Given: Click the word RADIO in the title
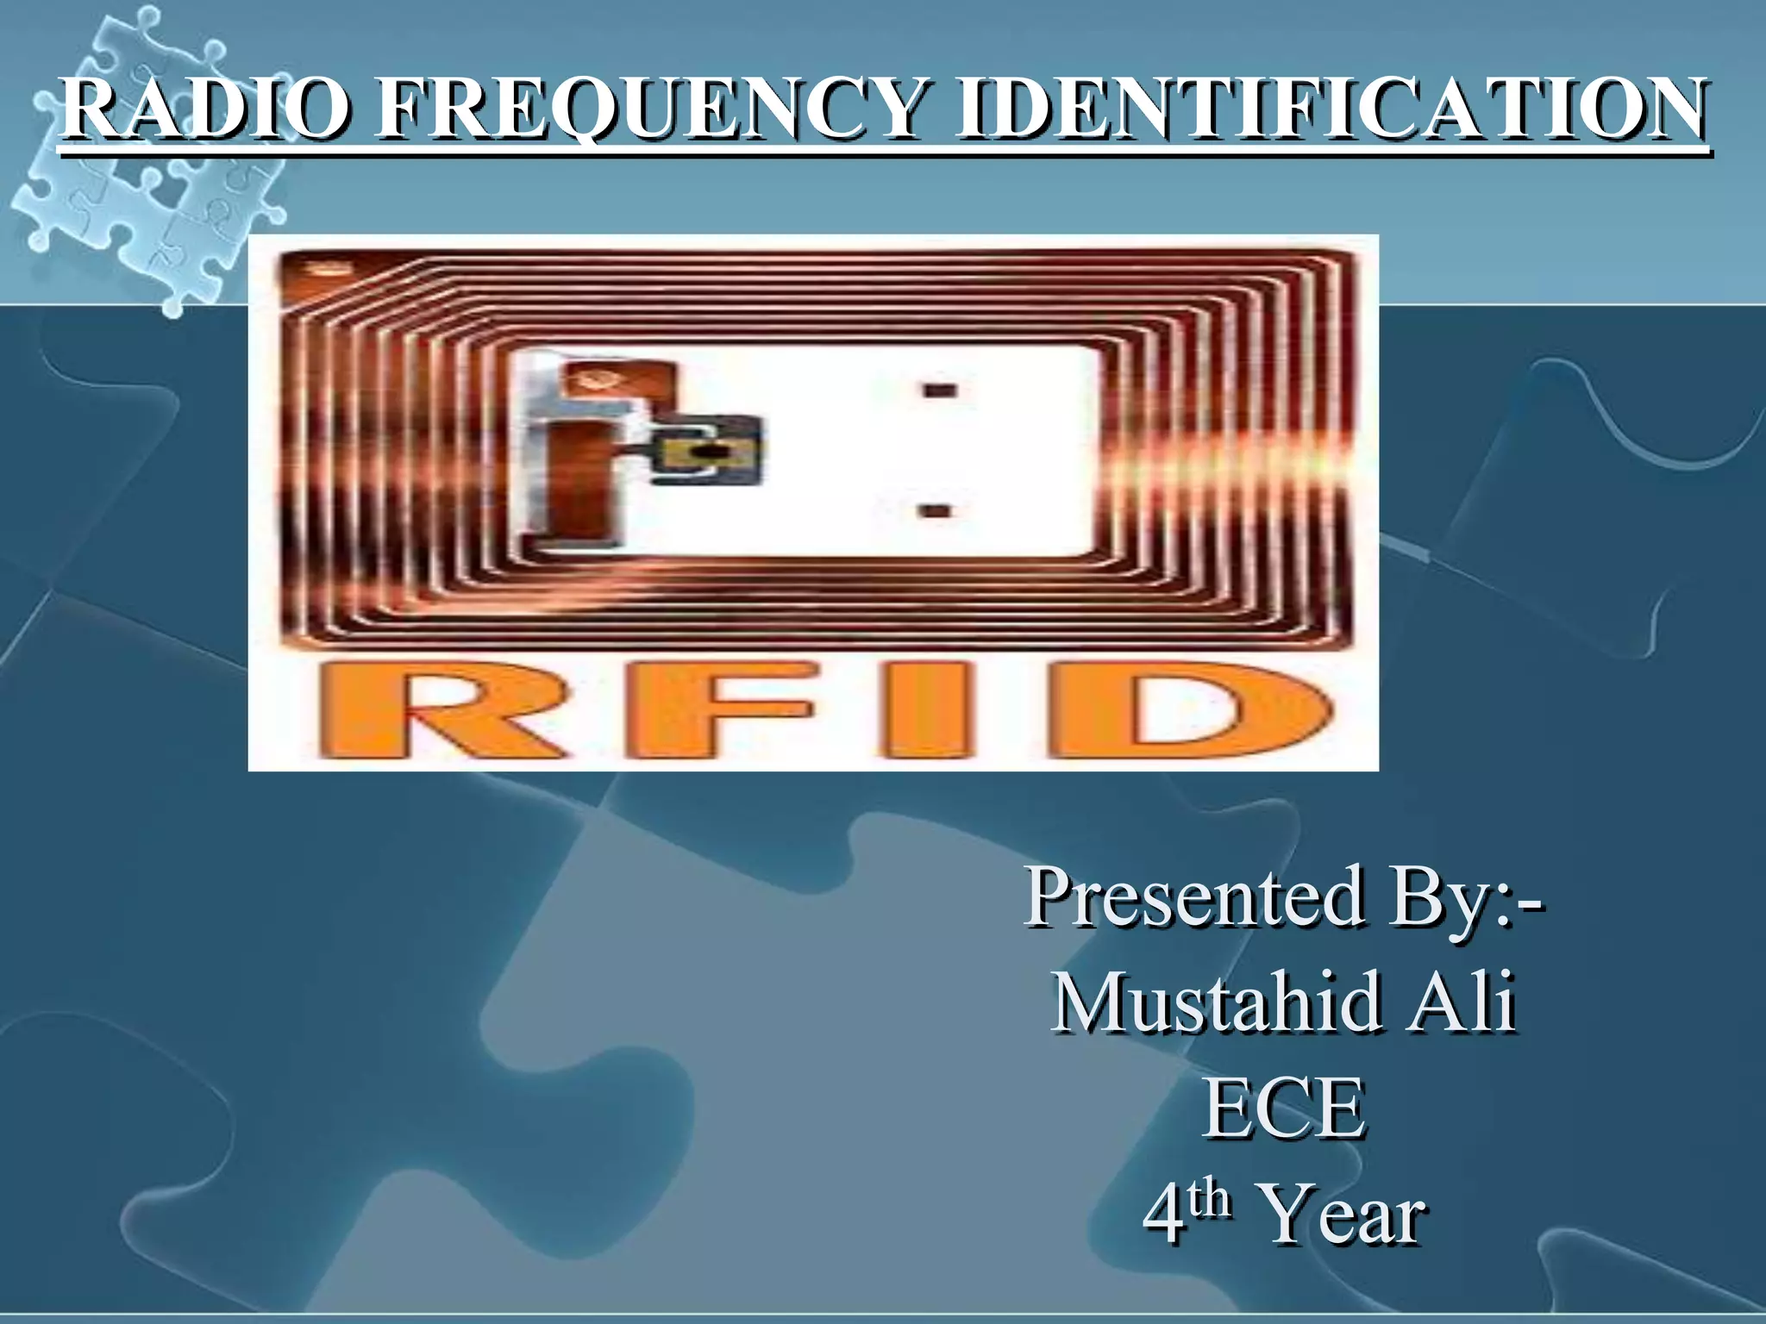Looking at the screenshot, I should click(x=205, y=109).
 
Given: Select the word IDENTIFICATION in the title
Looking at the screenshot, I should click(x=1331, y=109).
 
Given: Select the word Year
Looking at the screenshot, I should click(x=1342, y=1215).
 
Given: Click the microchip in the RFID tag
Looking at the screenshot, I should click(x=707, y=450).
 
